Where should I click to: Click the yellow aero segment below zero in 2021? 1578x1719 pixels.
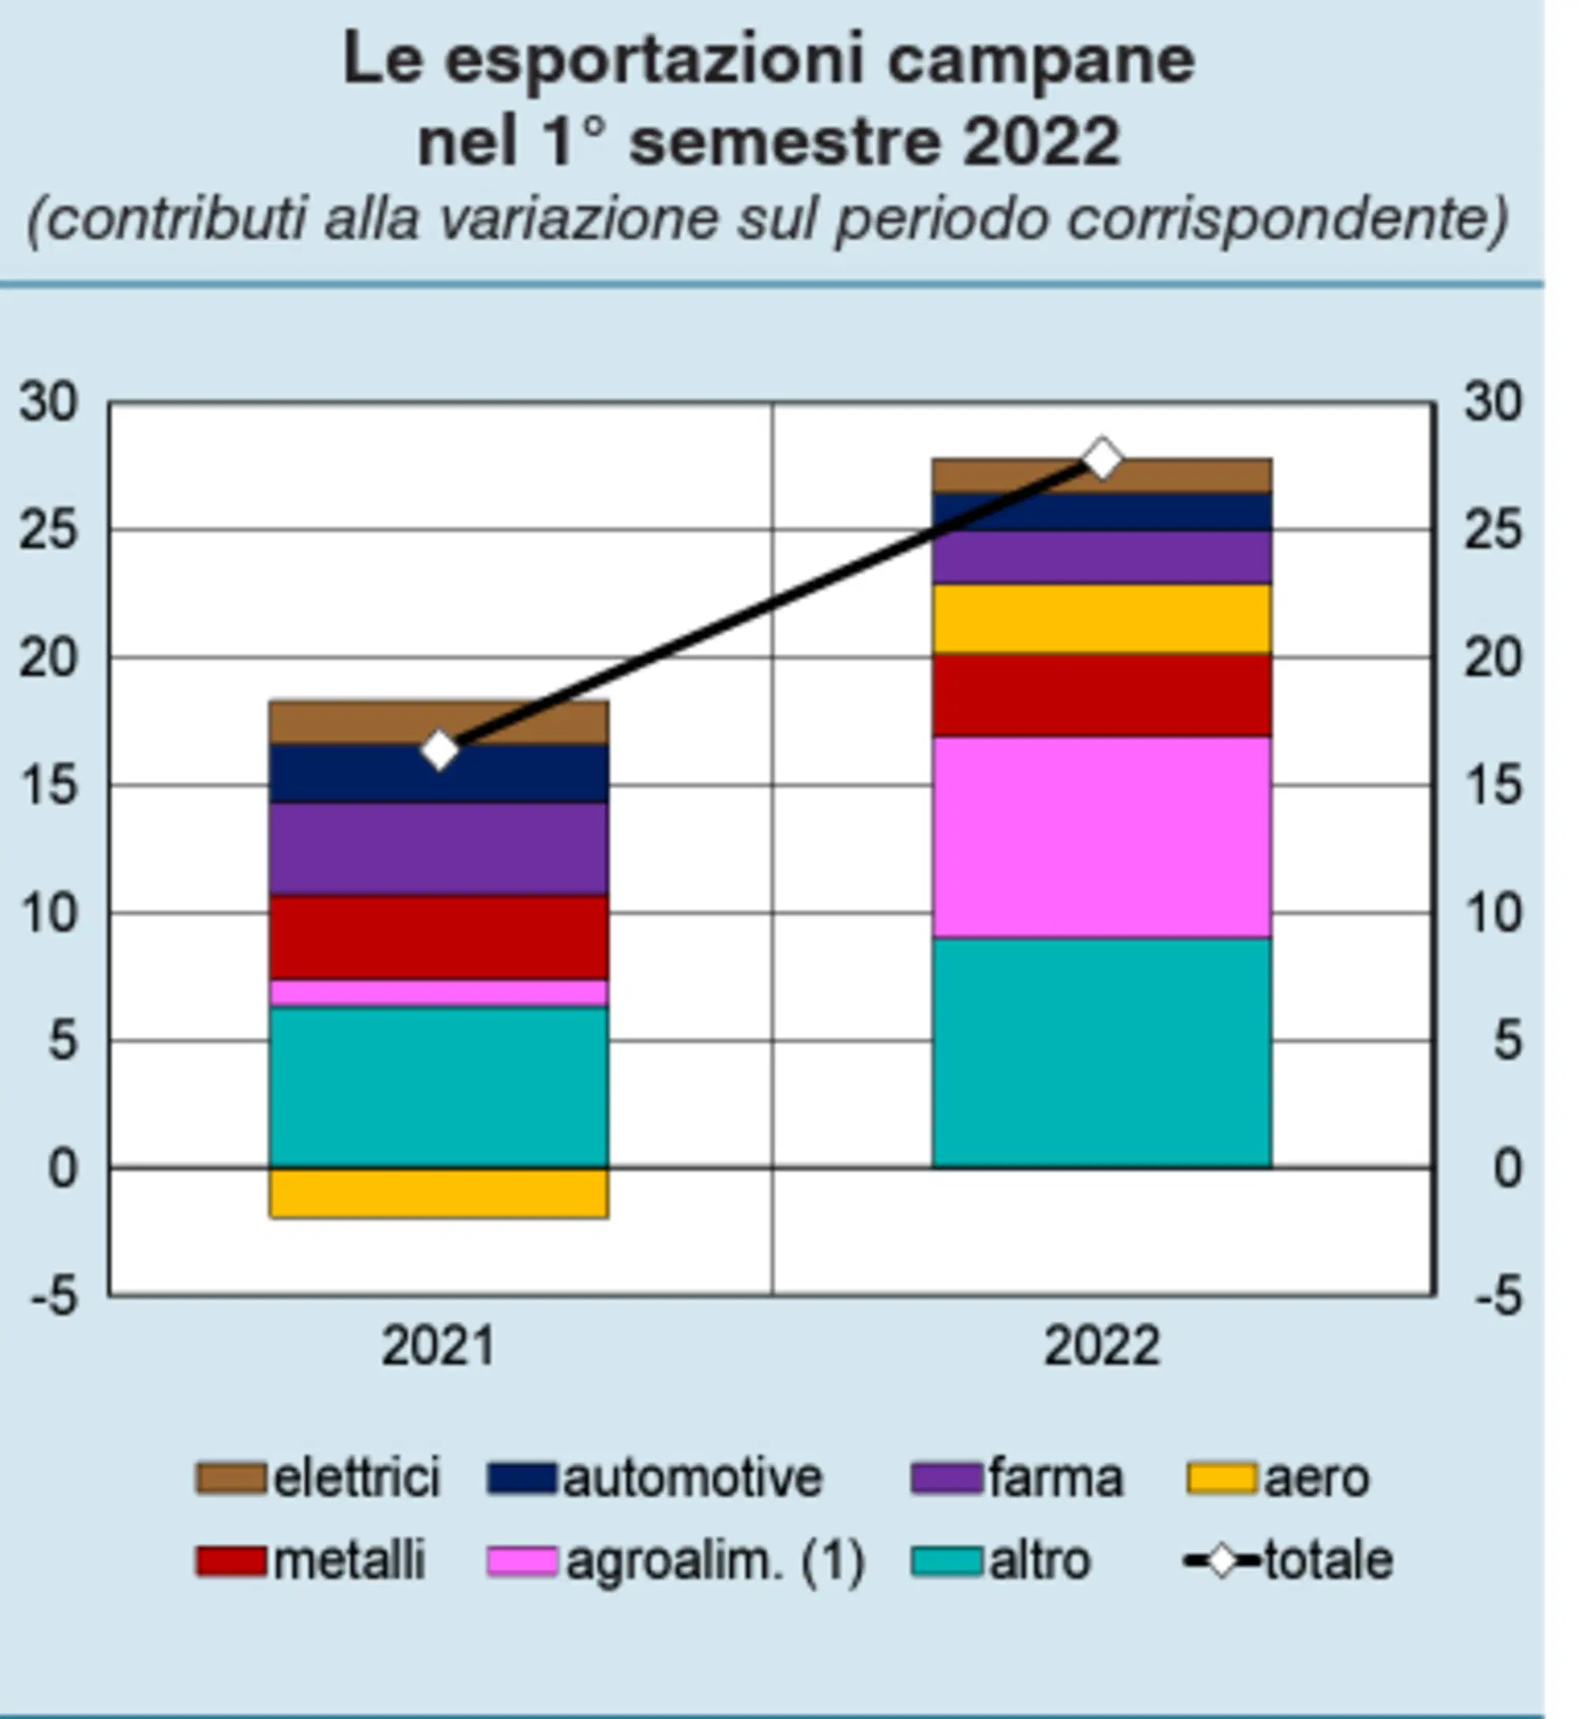click(x=439, y=1192)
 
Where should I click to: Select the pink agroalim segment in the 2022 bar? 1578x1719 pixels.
click(x=1101, y=837)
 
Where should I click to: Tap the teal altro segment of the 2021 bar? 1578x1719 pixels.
click(x=439, y=1086)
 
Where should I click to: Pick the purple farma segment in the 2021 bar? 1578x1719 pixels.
click(x=439, y=848)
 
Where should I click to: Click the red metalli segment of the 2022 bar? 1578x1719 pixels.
click(x=1101, y=695)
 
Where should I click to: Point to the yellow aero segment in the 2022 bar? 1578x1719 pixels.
click(x=1101, y=619)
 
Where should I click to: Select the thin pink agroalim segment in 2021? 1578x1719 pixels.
click(x=439, y=992)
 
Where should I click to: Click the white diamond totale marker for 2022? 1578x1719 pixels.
click(x=1101, y=459)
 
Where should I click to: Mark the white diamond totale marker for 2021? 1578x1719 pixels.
click(x=439, y=751)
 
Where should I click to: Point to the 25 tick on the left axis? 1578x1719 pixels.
click(x=49, y=530)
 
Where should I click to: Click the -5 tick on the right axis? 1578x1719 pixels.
click(x=1498, y=1295)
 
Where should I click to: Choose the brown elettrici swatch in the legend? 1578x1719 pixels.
click(x=230, y=1478)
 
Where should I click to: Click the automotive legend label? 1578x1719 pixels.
click(x=693, y=1478)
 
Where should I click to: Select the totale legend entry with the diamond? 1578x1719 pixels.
click(x=1289, y=1561)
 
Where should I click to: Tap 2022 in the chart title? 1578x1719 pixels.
click(x=1041, y=141)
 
